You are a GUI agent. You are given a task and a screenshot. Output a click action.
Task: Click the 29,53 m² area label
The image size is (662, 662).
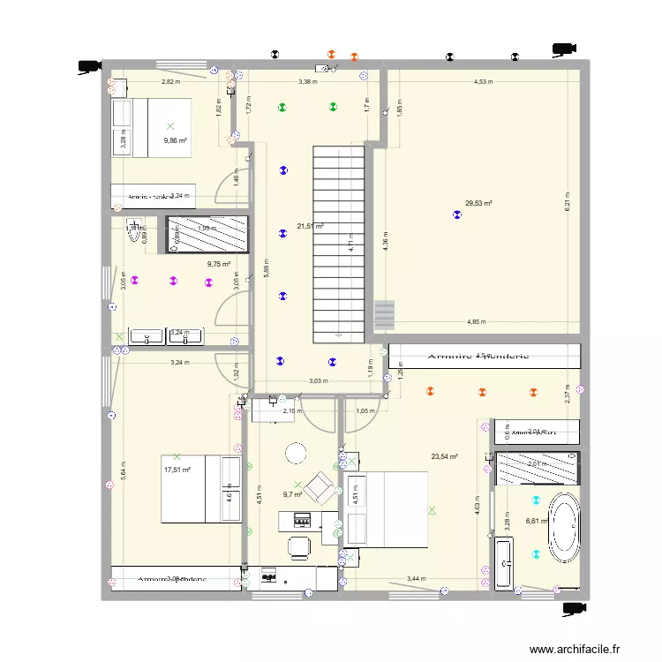(x=478, y=203)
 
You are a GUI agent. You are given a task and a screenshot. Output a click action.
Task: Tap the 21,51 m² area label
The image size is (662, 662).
(x=310, y=226)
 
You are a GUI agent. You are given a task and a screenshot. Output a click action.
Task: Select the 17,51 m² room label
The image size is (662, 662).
(x=177, y=470)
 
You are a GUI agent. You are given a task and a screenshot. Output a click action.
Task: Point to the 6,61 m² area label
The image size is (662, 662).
(x=537, y=521)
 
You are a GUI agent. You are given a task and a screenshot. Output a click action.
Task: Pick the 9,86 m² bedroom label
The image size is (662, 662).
(x=175, y=139)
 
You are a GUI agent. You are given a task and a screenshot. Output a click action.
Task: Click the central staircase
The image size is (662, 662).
(x=338, y=243)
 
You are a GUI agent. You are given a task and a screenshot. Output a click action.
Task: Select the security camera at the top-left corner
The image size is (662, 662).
(x=89, y=64)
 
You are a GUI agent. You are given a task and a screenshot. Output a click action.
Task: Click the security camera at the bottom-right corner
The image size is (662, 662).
(x=572, y=607)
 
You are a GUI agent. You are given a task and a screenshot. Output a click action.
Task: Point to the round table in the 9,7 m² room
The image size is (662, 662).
(x=294, y=453)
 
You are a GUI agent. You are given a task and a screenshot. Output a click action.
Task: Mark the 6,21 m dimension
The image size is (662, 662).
(x=568, y=202)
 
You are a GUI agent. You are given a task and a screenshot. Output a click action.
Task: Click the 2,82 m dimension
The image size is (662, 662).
(x=169, y=82)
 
